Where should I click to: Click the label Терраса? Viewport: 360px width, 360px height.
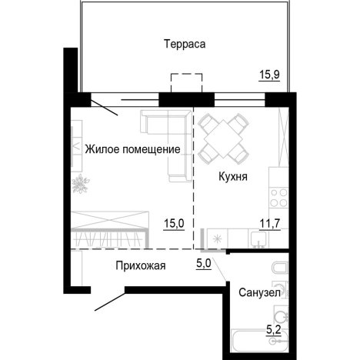184,44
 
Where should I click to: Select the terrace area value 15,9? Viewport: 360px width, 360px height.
269,75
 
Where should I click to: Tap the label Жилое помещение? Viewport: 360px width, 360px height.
132,149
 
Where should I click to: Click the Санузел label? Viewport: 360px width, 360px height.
257,293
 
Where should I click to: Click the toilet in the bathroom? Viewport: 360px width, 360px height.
281,271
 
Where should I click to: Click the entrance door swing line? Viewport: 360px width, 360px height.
109,302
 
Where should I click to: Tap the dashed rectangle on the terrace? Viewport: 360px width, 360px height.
186,83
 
